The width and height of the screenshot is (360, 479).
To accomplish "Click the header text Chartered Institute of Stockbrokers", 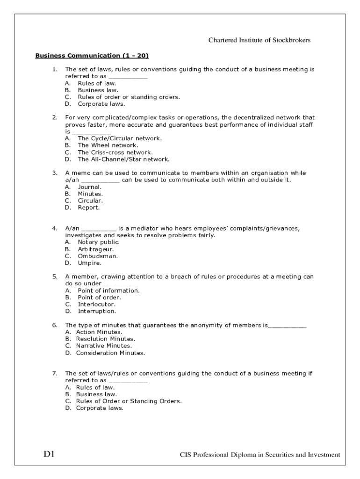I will tap(259, 40).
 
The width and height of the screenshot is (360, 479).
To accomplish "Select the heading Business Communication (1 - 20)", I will tap(92, 56).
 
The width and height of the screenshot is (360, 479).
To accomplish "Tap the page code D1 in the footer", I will tap(50, 454).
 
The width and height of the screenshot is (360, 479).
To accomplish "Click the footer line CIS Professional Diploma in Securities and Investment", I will tap(260, 455).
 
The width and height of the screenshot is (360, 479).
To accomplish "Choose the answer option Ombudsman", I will tap(98, 256).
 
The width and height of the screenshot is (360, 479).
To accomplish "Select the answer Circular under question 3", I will tap(90, 201).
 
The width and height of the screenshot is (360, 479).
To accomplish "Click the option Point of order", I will tap(99, 298).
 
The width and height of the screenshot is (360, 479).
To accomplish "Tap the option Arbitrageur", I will tap(95, 249).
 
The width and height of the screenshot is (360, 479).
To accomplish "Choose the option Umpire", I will tap(89, 263).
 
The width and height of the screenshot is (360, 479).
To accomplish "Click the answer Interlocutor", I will tap(96, 304).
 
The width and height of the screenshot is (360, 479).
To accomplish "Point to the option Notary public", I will tap(99, 242).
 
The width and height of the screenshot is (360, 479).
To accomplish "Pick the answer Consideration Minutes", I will tap(110, 353).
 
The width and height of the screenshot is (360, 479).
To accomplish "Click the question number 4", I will tap(54, 228).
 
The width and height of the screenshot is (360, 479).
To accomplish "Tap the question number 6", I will tap(54, 325).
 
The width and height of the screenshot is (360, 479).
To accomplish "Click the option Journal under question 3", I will tap(89, 187).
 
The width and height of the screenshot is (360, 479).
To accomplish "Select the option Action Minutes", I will tap(99, 332).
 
